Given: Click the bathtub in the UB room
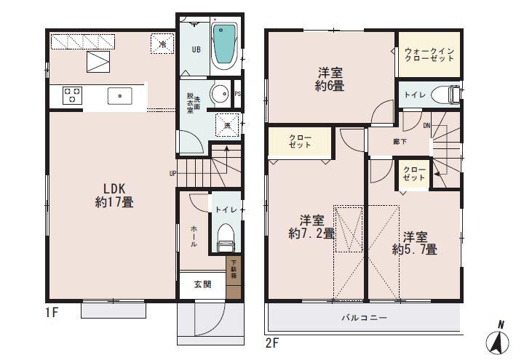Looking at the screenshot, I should point(224,44).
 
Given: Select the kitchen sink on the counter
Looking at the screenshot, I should point(119,95).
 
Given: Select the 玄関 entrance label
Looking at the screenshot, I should point(203,285).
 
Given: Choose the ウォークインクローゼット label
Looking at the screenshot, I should point(429,55).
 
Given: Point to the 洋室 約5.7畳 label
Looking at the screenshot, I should point(414,243).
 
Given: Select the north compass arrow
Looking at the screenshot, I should point(499,339).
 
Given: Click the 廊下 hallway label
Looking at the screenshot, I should point(400,142).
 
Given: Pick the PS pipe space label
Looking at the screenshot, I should point(239,94).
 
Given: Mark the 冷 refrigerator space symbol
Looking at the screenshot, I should point(162,43).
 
